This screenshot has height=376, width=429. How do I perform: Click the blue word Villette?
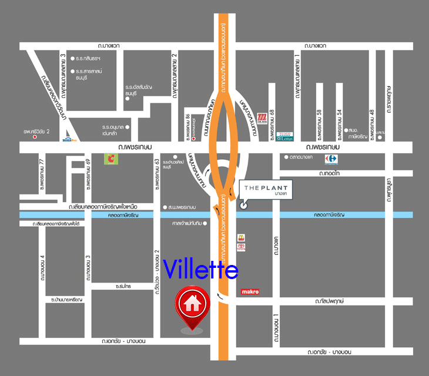click(201, 270)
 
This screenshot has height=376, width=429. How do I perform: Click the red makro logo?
click(250, 292)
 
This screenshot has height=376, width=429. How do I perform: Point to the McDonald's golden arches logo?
click(240, 238)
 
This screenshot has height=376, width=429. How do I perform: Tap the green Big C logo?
click(110, 158)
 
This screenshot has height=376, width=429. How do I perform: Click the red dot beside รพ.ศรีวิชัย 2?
click(35, 136)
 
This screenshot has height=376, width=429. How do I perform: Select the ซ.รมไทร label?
click(123, 286)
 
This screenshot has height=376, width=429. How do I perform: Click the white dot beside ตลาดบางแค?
click(285, 157)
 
